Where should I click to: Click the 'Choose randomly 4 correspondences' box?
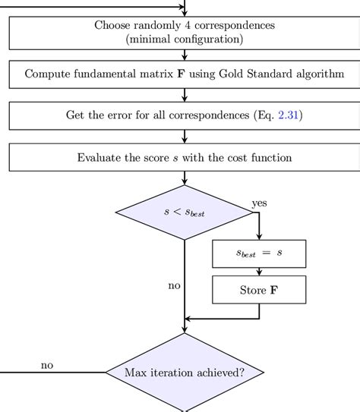tap(185, 32)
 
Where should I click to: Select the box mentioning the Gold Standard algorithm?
tap(185, 74)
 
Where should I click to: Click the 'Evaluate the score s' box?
tap(185, 158)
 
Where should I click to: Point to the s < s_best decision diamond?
tap(185, 212)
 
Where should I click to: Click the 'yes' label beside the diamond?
tap(260, 203)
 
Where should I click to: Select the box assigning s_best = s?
tap(259, 253)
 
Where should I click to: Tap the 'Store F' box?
tap(259, 290)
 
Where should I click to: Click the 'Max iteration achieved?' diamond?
tap(185, 372)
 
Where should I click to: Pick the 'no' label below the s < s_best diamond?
tap(174, 286)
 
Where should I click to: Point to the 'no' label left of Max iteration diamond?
tap(47, 365)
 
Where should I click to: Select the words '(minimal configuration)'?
tap(185, 39)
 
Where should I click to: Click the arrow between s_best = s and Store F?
tap(259, 272)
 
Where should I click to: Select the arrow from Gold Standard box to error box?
tap(185, 95)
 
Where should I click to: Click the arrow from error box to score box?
tap(185, 137)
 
